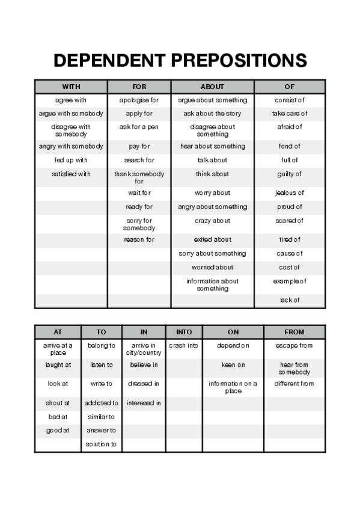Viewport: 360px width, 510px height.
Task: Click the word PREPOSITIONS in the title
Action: pos(239,61)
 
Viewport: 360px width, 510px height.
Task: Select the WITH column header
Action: pos(71,87)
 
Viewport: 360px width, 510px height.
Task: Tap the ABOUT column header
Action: pos(212,87)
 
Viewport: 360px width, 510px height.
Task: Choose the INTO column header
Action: pos(184,331)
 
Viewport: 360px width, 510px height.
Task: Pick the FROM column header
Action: pos(294,331)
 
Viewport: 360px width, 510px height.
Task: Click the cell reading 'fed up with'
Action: pos(71,160)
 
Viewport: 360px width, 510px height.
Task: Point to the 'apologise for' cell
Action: pos(139,100)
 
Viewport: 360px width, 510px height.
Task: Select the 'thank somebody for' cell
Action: pos(139,177)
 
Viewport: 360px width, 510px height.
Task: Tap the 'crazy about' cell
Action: pos(212,221)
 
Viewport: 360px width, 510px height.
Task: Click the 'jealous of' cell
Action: pos(290,193)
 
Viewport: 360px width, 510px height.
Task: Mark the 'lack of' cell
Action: pos(290,300)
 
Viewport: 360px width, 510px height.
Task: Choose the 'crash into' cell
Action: pos(184,345)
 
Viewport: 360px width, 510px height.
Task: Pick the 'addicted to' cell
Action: pos(101,403)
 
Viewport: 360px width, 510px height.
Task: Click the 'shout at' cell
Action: pos(58,403)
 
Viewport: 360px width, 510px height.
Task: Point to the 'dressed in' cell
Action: pos(144,383)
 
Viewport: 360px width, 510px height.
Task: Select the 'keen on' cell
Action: pos(233,364)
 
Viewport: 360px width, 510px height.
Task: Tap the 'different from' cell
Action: pos(294,383)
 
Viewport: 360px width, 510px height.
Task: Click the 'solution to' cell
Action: pos(101,444)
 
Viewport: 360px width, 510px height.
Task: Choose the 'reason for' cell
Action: pos(139,239)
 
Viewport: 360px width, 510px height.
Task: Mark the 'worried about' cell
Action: pos(212,267)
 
